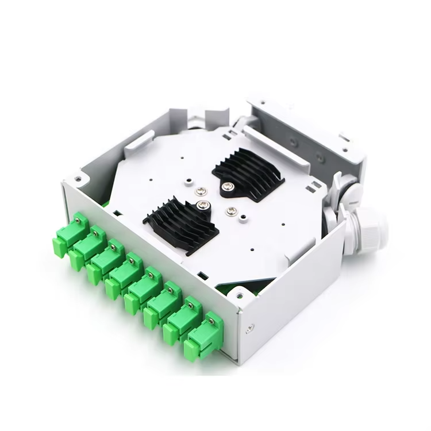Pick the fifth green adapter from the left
(143, 290)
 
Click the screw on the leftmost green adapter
(77, 219)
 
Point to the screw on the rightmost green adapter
(211, 321)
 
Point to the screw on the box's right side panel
(249, 328)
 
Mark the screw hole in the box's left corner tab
(78, 179)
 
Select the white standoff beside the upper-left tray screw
(188, 183)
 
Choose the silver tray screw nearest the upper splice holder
(201, 192)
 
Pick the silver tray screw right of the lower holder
(232, 211)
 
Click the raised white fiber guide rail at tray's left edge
(138, 141)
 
